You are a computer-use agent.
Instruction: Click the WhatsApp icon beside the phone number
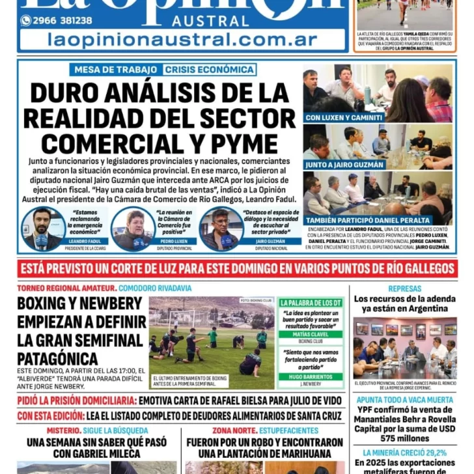tap(26, 20)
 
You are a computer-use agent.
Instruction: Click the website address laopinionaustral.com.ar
tap(182, 40)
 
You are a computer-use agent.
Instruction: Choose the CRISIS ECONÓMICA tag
tap(209, 70)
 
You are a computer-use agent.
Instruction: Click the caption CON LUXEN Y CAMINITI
tap(344, 118)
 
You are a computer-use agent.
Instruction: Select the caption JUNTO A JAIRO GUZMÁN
tap(344, 165)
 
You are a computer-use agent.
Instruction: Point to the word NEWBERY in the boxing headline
tap(112, 303)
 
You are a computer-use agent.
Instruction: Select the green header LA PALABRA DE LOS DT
tap(311, 303)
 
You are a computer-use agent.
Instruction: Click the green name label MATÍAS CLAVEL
tap(310, 333)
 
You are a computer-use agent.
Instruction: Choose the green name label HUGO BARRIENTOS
tap(310, 377)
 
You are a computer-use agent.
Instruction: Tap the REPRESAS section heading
tap(404, 288)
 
